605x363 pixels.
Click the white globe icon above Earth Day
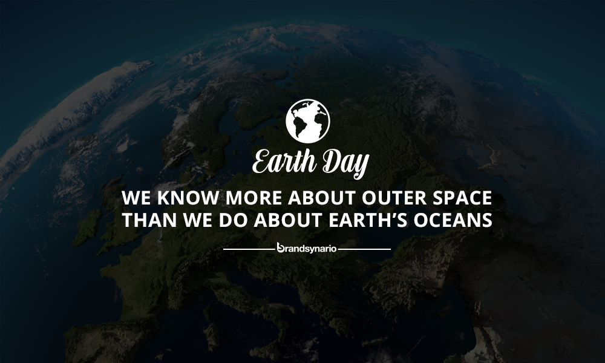tap(307, 121)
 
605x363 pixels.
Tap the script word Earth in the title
tap(284, 161)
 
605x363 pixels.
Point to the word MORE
tap(253, 197)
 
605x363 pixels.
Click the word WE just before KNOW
tap(136, 197)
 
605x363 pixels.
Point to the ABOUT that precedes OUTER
tap(321, 197)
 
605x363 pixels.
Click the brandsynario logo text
tap(307, 248)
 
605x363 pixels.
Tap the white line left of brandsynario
tap(249, 249)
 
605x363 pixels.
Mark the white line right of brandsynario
tap(364, 249)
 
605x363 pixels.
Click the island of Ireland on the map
tap(87, 227)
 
